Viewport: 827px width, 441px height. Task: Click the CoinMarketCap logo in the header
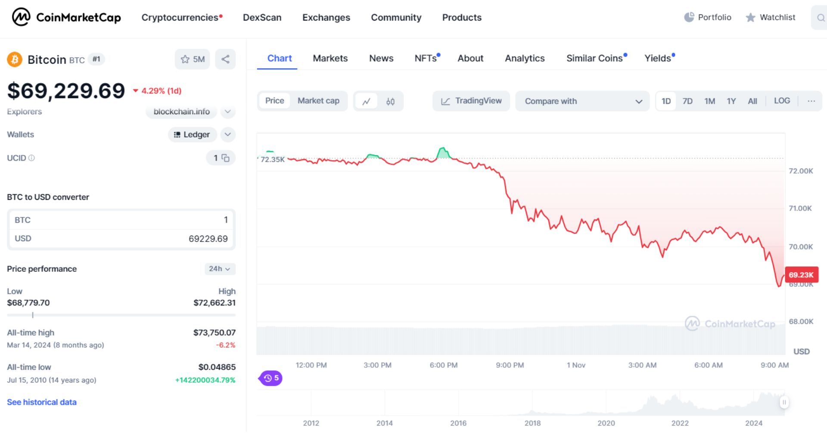66,17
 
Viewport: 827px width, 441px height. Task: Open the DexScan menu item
262,18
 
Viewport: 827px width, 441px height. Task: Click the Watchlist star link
771,17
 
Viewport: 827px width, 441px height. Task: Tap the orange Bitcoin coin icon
15,59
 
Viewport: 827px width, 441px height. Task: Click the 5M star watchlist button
193,59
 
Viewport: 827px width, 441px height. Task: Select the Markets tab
330,58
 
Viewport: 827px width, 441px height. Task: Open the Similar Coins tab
594,58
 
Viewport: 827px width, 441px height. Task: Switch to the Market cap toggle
318,101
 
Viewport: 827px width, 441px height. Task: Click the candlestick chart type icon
390,102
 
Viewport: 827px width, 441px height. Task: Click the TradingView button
471,101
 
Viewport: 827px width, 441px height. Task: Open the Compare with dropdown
582,101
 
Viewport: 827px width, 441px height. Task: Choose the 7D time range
687,101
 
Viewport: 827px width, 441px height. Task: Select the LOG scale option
782,101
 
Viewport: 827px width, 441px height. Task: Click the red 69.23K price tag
801,275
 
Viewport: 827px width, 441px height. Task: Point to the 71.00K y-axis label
800,208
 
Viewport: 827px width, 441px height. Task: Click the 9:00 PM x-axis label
510,365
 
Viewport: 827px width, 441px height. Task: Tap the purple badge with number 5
271,378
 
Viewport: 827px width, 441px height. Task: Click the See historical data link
42,402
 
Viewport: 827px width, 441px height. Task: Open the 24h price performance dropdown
220,269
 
